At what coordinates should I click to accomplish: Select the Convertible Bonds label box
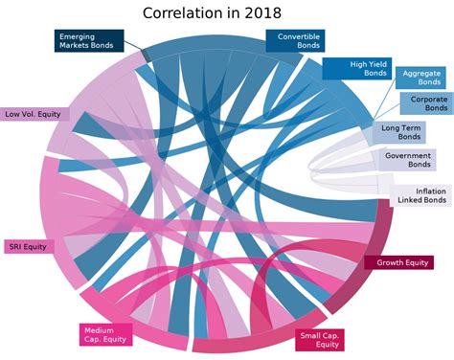[x=298, y=41]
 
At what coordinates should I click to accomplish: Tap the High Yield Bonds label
[x=356, y=68]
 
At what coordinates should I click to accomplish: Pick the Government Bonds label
[x=407, y=160]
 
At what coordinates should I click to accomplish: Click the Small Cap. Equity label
[x=321, y=340]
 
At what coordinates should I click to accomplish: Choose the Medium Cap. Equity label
[x=106, y=334]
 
